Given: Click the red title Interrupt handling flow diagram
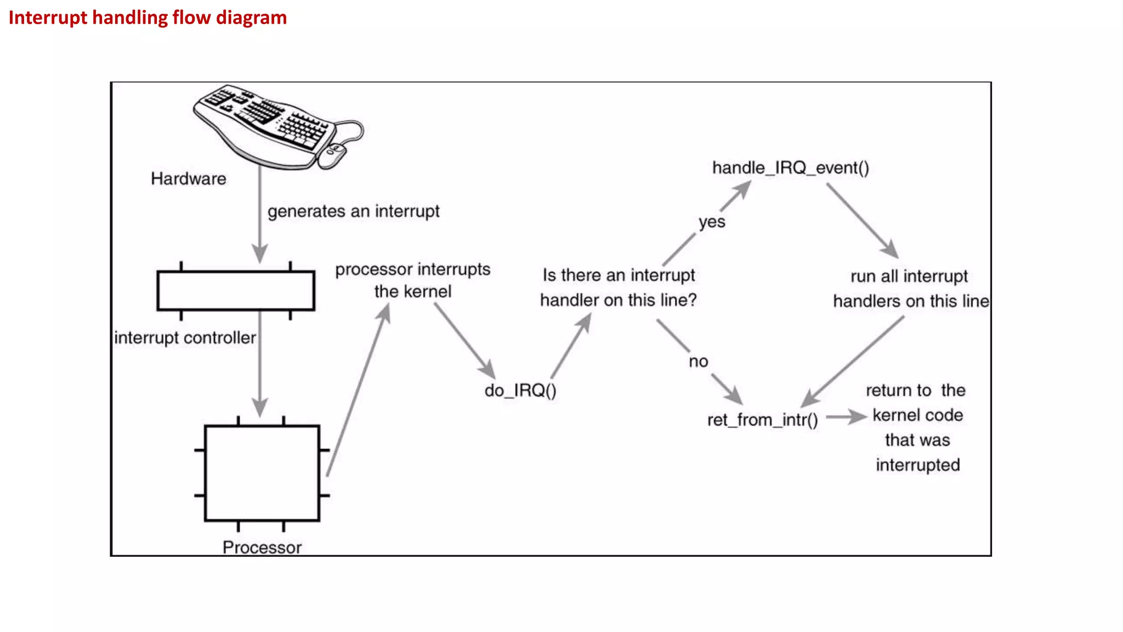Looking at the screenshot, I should pyautogui.click(x=148, y=18).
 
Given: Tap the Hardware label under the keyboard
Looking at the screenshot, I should pyautogui.click(x=188, y=179).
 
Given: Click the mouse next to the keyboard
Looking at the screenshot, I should pyautogui.click(x=332, y=155).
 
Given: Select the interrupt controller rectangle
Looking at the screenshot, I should pyautogui.click(x=236, y=291).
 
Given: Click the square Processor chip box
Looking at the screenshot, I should pyautogui.click(x=262, y=472).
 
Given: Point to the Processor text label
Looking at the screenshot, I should pyautogui.click(x=262, y=547).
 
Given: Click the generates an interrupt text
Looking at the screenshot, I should pyautogui.click(x=353, y=211).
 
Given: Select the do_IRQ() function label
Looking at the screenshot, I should pyautogui.click(x=520, y=391).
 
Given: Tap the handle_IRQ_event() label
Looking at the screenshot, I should pyautogui.click(x=790, y=168).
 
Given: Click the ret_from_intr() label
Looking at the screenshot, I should pyautogui.click(x=762, y=420).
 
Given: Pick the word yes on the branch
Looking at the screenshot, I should pyautogui.click(x=712, y=222).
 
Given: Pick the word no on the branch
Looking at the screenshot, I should pyautogui.click(x=698, y=362).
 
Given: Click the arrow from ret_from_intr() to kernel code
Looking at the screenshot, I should pyautogui.click(x=846, y=417).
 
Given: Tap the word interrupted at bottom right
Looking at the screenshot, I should pyautogui.click(x=917, y=465).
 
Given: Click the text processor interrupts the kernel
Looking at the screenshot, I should pyautogui.click(x=412, y=280).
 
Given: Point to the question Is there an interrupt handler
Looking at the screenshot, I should pyautogui.click(x=618, y=287).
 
